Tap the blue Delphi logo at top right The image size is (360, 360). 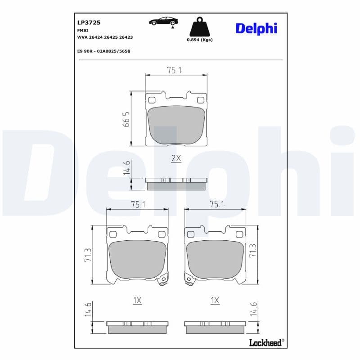click(256, 28)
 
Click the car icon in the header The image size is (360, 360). click(163, 21)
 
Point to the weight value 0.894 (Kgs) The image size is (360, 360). click(199, 40)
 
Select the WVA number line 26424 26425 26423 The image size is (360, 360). click(105, 37)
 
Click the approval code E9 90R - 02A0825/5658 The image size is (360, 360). click(103, 51)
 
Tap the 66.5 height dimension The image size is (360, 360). click(126, 119)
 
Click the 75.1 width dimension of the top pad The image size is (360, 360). click(175, 70)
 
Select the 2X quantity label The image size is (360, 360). click(176, 158)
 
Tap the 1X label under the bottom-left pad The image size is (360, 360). click(137, 300)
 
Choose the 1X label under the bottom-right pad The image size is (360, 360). click(215, 300)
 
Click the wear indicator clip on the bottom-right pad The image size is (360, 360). click(189, 281)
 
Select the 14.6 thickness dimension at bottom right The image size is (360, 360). click(254, 310)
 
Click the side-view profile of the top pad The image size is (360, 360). click(176, 183)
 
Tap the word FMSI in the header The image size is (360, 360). click(82, 30)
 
